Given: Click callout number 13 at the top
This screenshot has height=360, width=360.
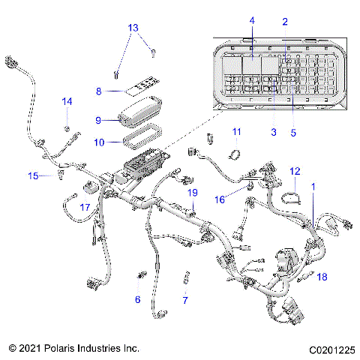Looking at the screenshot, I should coord(133,28).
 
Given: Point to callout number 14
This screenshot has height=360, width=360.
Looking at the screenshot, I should coord(67,100).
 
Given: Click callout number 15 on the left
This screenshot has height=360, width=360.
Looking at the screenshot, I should coord(32,176).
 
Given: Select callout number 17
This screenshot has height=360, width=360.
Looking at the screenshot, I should coord(85,206).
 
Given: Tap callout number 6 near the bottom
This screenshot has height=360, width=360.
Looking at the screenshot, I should coord(137,299).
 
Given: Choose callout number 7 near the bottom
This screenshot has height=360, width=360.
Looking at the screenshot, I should coord(184,300).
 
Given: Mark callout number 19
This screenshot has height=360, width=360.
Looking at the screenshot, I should coord(192,193).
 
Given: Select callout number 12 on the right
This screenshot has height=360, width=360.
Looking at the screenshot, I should coord(295,171).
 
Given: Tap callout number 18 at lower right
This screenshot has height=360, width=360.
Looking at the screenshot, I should coord(322,277).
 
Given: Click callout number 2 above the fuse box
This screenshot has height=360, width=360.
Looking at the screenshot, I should coord(284,22).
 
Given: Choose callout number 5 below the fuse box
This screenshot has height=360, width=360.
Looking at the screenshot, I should coord(293,132).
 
